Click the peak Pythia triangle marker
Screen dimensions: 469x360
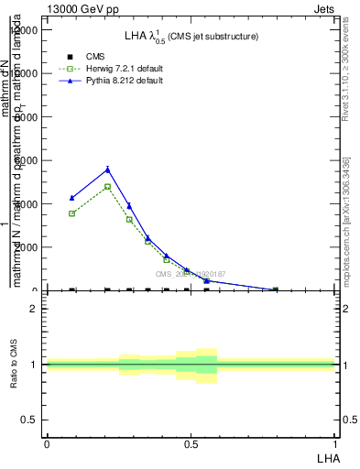[108, 169]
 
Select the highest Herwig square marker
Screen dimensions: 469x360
[108, 187]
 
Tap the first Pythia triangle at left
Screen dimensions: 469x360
[71, 198]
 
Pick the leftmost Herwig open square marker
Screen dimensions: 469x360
[71, 213]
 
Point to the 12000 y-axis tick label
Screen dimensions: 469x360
[25, 30]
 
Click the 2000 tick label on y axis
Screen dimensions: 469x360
[28, 247]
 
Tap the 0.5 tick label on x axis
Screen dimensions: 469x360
[191, 443]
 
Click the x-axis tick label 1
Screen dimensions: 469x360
[335, 443]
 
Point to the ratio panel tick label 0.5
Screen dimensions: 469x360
[29, 420]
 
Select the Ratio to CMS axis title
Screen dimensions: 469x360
[14, 365]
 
